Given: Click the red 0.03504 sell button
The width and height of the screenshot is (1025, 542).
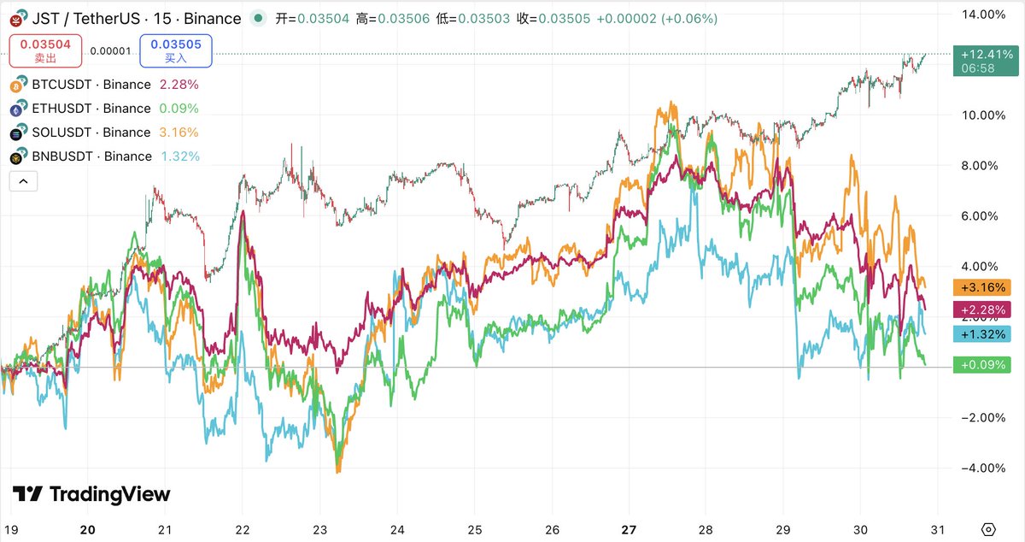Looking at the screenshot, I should [x=45, y=50].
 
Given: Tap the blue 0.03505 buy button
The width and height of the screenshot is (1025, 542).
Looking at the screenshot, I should [x=176, y=50].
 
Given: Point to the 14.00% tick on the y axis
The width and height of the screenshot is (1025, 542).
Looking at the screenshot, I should [x=982, y=15].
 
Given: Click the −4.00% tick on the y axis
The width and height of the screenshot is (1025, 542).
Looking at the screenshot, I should [x=982, y=468].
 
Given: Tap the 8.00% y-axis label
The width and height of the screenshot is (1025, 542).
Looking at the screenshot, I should [x=982, y=166].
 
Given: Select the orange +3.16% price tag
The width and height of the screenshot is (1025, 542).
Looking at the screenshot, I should [x=982, y=287].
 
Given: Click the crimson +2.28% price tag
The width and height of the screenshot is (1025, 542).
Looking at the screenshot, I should [x=982, y=309].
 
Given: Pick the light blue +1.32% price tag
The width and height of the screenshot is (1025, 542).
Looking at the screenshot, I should [x=982, y=334].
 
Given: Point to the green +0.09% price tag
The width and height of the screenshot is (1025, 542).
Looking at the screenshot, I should [x=982, y=365].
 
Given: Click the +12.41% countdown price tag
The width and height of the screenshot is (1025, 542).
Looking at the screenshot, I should [x=982, y=61].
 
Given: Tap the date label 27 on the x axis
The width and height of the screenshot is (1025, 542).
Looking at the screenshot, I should [x=629, y=529].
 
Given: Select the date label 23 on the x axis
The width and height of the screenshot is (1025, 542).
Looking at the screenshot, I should [x=319, y=529].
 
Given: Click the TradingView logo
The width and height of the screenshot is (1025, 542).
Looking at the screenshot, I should [x=91, y=494].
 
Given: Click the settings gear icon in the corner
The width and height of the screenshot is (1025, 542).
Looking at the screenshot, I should [x=989, y=529].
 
